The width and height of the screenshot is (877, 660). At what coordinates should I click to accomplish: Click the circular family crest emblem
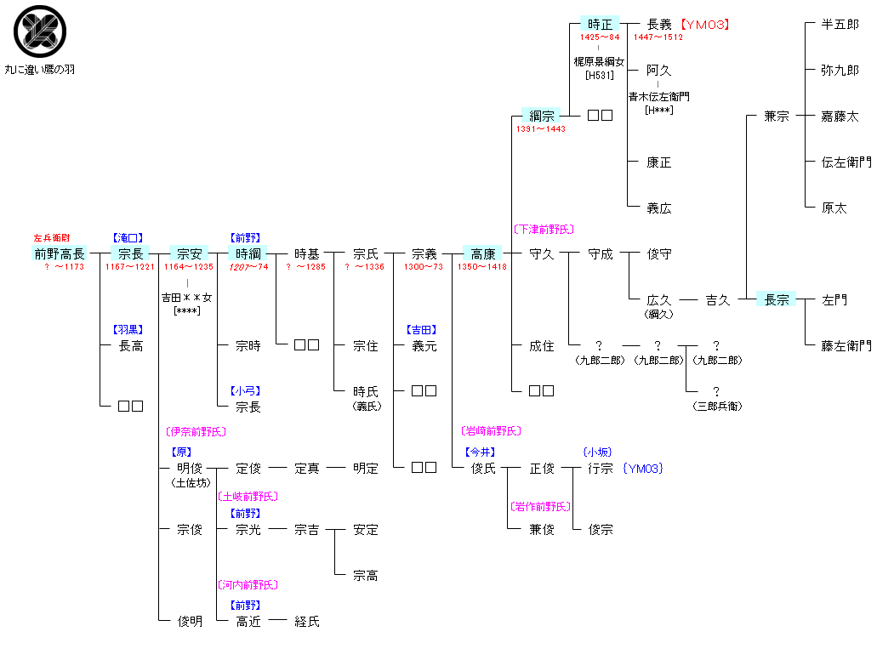(40, 32)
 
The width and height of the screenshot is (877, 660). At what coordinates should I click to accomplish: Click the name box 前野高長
(60, 253)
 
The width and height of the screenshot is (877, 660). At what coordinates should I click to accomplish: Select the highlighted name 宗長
(130, 253)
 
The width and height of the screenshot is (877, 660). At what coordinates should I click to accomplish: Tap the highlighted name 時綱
(248, 253)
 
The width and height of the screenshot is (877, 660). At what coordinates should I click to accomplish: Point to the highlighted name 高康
(483, 253)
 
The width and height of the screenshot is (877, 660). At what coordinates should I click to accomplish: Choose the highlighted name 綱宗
(541, 116)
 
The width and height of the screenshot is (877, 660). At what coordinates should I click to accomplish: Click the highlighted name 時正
(600, 25)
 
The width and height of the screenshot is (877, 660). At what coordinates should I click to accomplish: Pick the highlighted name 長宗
(776, 299)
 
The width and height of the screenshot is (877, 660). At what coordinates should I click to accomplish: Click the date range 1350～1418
(482, 267)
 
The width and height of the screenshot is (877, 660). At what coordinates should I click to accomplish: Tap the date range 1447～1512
(658, 37)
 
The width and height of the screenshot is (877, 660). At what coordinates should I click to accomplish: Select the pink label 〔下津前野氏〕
(543, 230)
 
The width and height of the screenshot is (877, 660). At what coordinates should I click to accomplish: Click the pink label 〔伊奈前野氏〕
(196, 432)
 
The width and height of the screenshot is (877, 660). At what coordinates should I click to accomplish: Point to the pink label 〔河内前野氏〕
(248, 585)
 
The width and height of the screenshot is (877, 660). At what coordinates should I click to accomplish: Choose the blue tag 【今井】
(481, 452)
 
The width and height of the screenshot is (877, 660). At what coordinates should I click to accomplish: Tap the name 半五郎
(840, 25)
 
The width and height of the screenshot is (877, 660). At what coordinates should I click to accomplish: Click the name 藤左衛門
(846, 345)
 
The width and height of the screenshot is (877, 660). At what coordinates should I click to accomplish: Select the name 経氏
(306, 622)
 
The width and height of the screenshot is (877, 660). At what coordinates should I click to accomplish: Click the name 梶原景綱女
(600, 62)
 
